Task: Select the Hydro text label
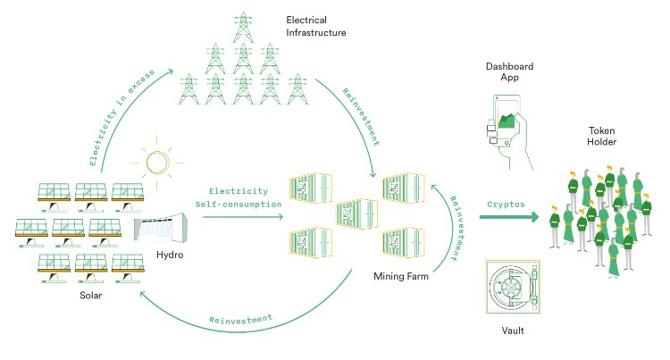coord(170,255)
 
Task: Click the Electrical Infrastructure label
coord(316,25)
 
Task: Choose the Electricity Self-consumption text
coord(239,197)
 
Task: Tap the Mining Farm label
coord(401,277)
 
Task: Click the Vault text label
coord(512,331)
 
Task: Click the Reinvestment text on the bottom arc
coord(240,320)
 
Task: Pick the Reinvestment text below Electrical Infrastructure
coord(361,116)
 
